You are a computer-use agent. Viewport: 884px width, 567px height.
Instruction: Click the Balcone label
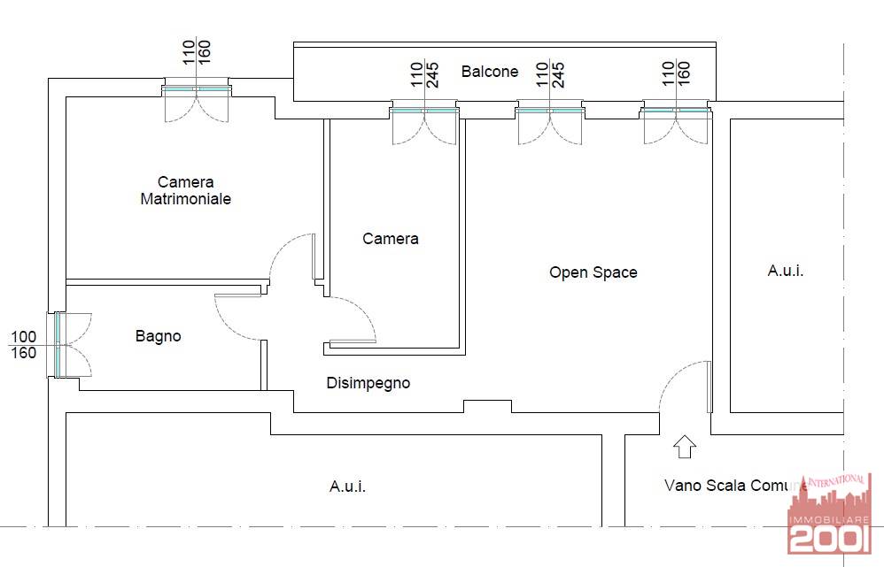(x=489, y=72)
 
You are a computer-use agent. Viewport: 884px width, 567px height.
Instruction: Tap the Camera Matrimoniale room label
(x=185, y=190)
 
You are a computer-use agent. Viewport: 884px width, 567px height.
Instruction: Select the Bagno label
(x=158, y=336)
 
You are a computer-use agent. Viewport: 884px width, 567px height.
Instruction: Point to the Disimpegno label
(x=368, y=383)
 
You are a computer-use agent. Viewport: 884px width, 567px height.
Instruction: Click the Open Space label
(x=593, y=272)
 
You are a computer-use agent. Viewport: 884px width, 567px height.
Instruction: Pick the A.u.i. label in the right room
(x=786, y=271)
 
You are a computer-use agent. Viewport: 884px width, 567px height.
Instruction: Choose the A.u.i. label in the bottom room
(x=347, y=486)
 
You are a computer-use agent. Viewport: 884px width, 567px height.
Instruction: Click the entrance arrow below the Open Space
(x=685, y=447)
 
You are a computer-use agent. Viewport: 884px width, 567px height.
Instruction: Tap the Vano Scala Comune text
(x=735, y=486)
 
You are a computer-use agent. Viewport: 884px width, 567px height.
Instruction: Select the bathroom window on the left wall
(x=58, y=345)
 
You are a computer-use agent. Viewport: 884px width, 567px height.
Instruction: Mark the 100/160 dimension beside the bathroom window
(x=24, y=345)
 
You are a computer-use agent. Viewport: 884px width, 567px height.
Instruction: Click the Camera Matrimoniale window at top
(x=197, y=89)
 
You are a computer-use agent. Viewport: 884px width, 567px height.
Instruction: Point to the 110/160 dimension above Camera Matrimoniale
(x=196, y=52)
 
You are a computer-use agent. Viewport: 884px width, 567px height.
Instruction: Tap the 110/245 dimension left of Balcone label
(x=424, y=75)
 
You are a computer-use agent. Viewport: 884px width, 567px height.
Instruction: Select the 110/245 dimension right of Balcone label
(x=550, y=75)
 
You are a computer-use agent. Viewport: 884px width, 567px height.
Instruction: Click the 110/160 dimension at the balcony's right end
(x=676, y=73)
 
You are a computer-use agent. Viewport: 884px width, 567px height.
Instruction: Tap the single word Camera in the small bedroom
(x=390, y=239)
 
